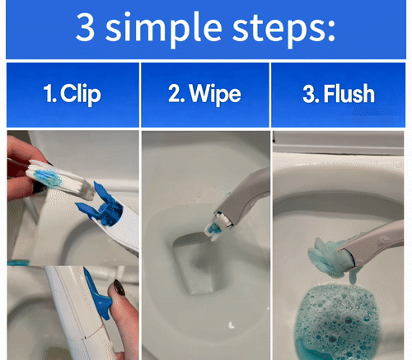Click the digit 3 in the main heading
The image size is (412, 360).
(86, 27)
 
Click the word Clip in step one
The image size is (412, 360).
(81, 94)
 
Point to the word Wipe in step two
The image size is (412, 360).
(215, 94)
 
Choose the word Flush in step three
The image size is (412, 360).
(349, 93)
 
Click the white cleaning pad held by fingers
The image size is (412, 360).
(59, 179)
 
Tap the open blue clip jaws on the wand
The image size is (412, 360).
(101, 204)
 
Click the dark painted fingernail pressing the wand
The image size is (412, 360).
(119, 288)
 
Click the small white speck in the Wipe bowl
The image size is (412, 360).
(232, 325)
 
